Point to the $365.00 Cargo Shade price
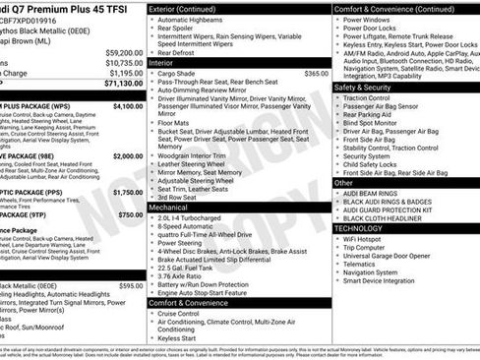point(316,73)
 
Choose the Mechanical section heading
point(169,208)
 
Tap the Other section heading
point(344,182)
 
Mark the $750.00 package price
point(130,213)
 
